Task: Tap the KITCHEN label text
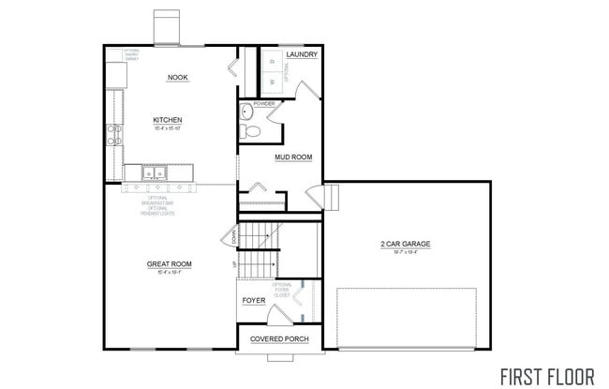click(168, 120)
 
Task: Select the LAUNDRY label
click(302, 55)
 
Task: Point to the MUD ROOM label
click(292, 157)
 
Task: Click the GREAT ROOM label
click(169, 264)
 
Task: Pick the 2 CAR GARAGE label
click(405, 246)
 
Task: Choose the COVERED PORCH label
click(279, 338)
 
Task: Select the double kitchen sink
click(155, 172)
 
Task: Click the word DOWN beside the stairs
click(234, 238)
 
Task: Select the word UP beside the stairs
click(234, 264)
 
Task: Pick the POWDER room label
click(251, 103)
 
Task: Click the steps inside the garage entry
click(330, 198)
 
